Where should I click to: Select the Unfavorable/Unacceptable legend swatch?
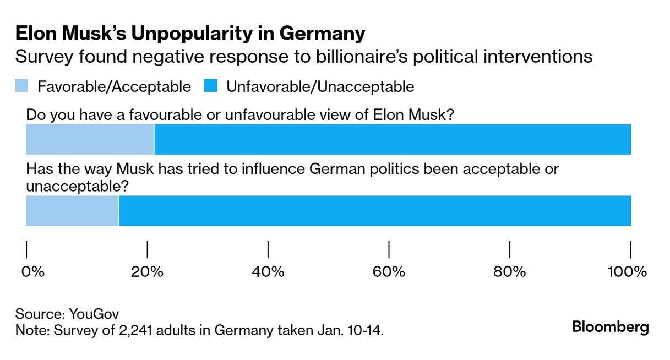tap(210, 86)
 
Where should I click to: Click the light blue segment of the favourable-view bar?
tap(90, 139)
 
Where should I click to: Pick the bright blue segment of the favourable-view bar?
tap(393, 139)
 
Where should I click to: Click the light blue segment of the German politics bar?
tap(72, 210)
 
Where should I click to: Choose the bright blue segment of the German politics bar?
tap(374, 210)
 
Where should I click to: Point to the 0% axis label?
tap(32, 271)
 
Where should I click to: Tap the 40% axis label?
tap(268, 271)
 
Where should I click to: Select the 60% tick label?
tap(389, 271)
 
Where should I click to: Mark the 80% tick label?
tap(510, 271)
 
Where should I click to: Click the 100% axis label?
tap(625, 271)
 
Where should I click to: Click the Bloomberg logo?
tap(610, 327)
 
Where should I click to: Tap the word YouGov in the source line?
tap(94, 314)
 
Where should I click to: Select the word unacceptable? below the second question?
tap(78, 186)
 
